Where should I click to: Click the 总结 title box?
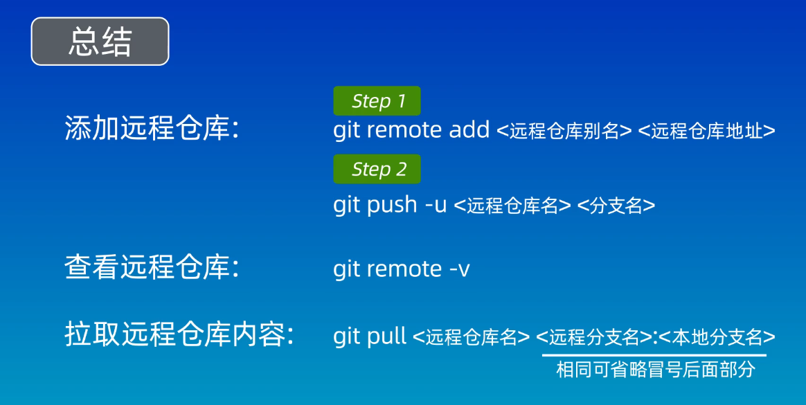tap(100, 42)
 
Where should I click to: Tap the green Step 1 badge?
tap(377, 101)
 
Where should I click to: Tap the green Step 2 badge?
tap(377, 169)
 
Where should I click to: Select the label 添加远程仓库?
tap(152, 129)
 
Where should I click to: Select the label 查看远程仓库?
tap(152, 268)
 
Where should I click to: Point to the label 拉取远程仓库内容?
tap(179, 336)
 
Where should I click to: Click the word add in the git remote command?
tap(469, 129)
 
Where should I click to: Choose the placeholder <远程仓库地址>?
tap(706, 131)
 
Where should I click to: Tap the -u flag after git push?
tap(436, 205)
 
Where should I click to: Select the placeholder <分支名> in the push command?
tap(616, 206)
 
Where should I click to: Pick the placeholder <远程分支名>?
tap(593, 338)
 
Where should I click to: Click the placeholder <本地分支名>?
tap(717, 338)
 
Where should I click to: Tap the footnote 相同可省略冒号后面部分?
tap(655, 370)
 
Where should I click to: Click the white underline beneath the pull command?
tap(654, 355)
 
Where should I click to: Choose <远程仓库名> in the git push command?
tap(512, 206)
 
